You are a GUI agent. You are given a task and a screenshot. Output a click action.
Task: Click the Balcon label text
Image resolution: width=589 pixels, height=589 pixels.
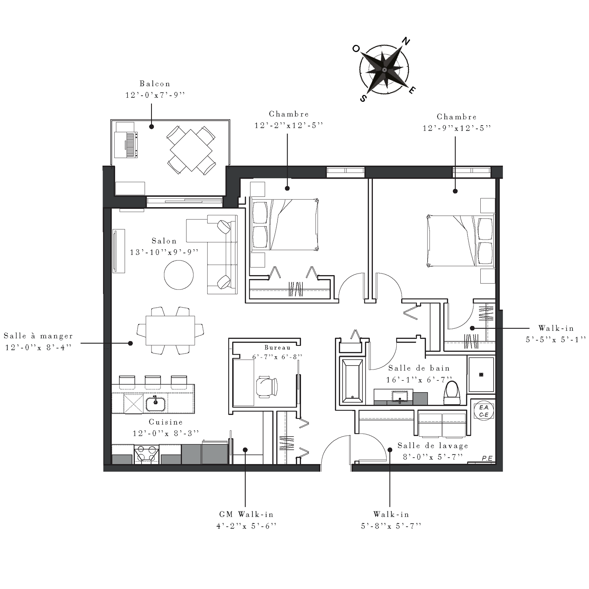(x=155, y=84)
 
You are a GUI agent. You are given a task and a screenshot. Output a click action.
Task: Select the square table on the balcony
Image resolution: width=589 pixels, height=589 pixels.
(x=191, y=150)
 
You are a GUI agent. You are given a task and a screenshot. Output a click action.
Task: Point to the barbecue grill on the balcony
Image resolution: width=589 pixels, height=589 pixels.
(x=126, y=145)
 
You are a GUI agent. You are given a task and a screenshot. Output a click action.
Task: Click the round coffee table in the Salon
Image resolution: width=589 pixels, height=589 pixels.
(x=179, y=275)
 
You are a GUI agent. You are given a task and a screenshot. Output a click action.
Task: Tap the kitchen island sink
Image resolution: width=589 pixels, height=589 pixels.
(x=156, y=404)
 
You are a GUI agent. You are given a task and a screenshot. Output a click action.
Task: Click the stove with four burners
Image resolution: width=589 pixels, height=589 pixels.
(x=146, y=454)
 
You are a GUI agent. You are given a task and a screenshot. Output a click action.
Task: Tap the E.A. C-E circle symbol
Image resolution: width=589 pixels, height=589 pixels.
(x=484, y=411)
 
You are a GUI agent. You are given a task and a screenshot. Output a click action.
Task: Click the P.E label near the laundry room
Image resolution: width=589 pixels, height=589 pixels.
(x=487, y=459)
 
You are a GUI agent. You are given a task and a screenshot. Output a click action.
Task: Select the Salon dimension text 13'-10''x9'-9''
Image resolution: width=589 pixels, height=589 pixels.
(x=164, y=252)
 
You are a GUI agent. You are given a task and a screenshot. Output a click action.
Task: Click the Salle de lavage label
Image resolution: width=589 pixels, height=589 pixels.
(x=433, y=446)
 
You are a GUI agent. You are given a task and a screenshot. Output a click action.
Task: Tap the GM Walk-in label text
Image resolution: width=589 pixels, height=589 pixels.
(x=246, y=514)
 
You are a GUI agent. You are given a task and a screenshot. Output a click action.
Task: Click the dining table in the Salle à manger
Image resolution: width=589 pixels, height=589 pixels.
(x=170, y=330)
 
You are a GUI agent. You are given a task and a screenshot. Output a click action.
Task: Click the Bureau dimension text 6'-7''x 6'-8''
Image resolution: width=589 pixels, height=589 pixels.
(x=277, y=357)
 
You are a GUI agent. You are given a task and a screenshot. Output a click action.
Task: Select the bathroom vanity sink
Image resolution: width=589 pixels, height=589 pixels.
(x=400, y=396)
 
